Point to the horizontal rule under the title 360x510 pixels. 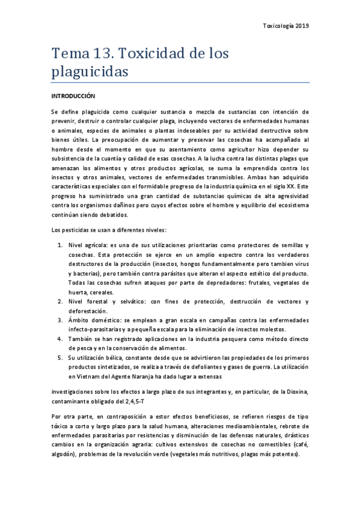(x=180, y=82)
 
